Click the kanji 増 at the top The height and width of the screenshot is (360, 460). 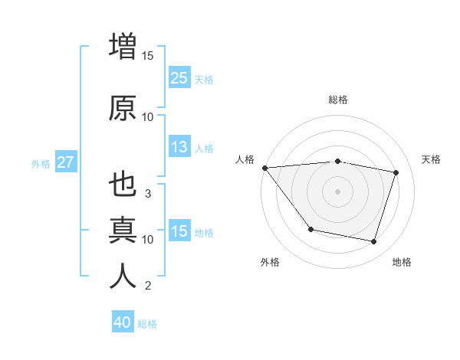(123, 46)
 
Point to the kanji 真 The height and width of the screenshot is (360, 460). (123, 229)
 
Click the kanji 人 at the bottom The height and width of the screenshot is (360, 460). (123, 276)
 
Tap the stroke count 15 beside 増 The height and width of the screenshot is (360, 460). (148, 55)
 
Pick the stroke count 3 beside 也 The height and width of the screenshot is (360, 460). (148, 193)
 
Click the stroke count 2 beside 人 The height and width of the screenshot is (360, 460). (148, 286)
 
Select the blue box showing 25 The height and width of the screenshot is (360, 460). (179, 77)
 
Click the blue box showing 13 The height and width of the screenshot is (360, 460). (179, 147)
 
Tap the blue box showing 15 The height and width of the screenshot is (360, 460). (179, 231)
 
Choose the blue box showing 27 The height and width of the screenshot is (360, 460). (65, 162)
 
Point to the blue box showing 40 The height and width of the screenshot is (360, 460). (123, 322)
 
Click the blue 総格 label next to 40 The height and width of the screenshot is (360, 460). (147, 324)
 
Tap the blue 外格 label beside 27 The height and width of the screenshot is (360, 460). (41, 163)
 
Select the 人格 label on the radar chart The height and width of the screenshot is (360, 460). (245, 159)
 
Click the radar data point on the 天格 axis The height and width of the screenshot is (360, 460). (396, 172)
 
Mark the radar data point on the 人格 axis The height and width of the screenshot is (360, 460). (264, 168)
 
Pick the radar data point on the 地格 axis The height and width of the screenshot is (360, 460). (373, 242)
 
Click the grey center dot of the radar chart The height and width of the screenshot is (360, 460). (337, 191)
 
